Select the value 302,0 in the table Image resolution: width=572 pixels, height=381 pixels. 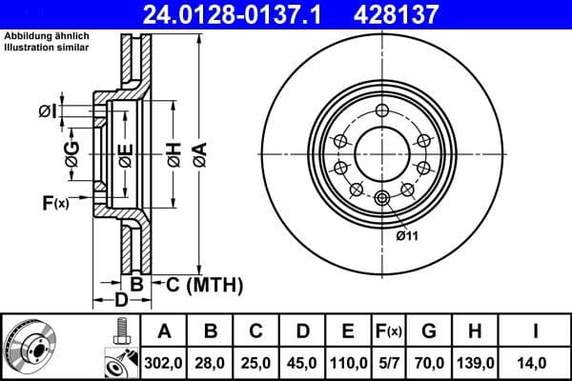164,362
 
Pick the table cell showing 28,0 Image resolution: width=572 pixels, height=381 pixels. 211,362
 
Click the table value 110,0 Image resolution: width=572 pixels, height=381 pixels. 349,362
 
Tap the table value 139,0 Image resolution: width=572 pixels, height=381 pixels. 477,362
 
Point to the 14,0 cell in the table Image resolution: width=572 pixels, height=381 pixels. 535,362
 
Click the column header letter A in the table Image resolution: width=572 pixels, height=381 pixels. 164,331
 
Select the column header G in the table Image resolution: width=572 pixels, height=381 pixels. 430,331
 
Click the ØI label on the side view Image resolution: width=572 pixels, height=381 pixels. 47,112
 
